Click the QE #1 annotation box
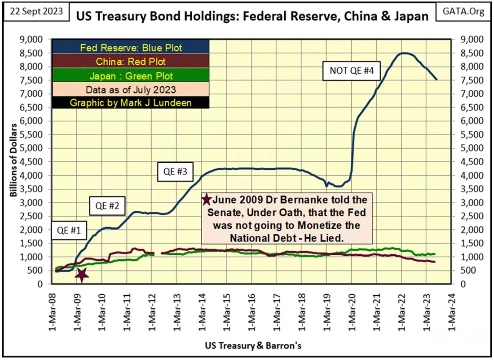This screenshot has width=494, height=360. pos(69,230)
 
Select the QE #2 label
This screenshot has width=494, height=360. pos(107,206)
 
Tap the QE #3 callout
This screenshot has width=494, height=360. pos(175,172)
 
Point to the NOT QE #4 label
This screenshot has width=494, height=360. pos(352,70)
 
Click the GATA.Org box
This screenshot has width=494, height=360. pos(463,11)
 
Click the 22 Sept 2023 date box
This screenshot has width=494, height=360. pos(36,11)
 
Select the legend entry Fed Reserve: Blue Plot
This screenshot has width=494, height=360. pos(130,48)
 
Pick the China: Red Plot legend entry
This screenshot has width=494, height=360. pos(130,62)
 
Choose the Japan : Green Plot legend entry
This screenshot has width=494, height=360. pos(130,76)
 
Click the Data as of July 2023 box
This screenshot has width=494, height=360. pos(130,89)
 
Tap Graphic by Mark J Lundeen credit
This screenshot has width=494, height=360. pos(130,103)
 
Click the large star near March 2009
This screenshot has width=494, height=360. pos(82,275)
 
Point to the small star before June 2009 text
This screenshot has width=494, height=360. pos(207,200)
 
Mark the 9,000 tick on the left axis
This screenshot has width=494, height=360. pos(31,39)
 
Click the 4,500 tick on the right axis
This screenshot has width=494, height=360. pos(472,162)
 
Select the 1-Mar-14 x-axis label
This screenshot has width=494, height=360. pos(202,312)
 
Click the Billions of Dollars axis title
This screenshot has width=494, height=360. pos(13,160)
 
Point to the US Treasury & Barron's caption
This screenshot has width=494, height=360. pos(253,346)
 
